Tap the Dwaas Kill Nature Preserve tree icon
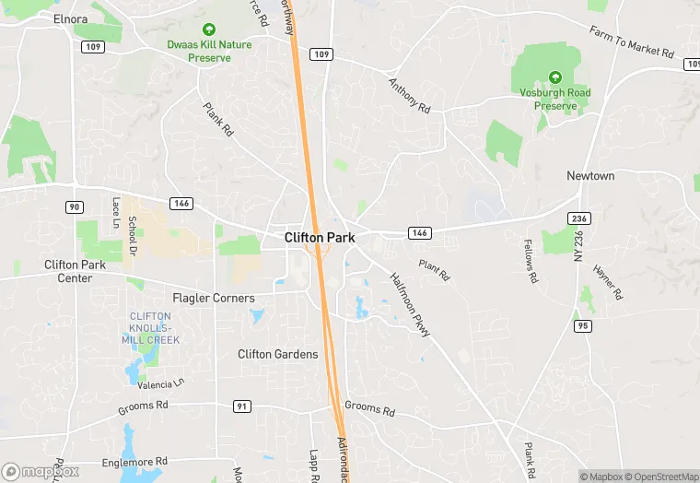208,29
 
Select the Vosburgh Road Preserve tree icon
555,77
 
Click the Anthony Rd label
409,95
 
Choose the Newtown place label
590,175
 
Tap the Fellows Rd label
531,261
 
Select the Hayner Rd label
608,282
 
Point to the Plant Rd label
433,270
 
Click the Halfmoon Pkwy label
410,304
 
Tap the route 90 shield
75,206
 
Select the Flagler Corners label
214,298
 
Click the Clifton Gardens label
277,354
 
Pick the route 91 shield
242,406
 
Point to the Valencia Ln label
161,382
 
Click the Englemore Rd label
135,461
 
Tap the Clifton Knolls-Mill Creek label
151,328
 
